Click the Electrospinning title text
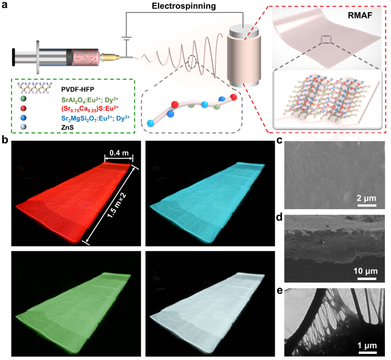184,6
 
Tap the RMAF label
360,16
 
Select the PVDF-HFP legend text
77,89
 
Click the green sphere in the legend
24,99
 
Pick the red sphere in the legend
24,108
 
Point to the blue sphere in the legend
24,118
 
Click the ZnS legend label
67,128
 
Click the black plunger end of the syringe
13,57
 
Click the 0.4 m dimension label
119,153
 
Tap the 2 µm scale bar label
366,198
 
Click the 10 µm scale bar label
366,271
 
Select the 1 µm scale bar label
367,346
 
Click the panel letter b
5,140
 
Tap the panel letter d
279,217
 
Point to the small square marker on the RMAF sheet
326,39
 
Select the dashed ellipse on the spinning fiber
192,62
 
